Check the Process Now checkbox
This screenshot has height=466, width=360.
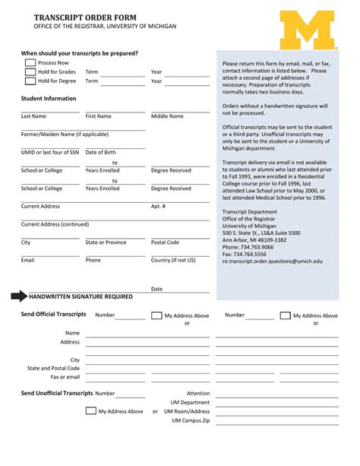30,63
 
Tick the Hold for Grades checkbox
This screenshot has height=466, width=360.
30,72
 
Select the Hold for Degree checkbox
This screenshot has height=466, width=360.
30,81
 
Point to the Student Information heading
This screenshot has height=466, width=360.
49,99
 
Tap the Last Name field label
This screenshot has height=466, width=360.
33,116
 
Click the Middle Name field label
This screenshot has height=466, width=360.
167,116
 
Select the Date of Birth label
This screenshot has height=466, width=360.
101,153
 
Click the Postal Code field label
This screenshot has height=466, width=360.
166,243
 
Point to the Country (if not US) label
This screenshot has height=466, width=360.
173,260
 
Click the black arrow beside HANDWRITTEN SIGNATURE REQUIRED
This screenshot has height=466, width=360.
18,296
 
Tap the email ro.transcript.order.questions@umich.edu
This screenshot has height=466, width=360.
273,261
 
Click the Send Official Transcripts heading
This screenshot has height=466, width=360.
54,314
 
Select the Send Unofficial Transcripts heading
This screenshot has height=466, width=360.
57,393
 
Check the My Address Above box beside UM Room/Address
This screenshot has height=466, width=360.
91,411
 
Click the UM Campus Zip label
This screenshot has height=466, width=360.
191,420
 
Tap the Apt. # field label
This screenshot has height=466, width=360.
158,206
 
